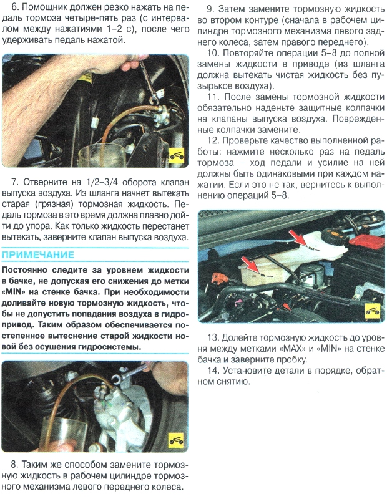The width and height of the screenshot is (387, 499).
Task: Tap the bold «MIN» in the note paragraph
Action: coord(17,291)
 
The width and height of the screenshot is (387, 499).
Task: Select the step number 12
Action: coord(213,140)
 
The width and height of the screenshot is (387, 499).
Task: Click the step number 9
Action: coord(212,9)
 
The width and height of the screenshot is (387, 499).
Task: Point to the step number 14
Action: coord(213,371)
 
